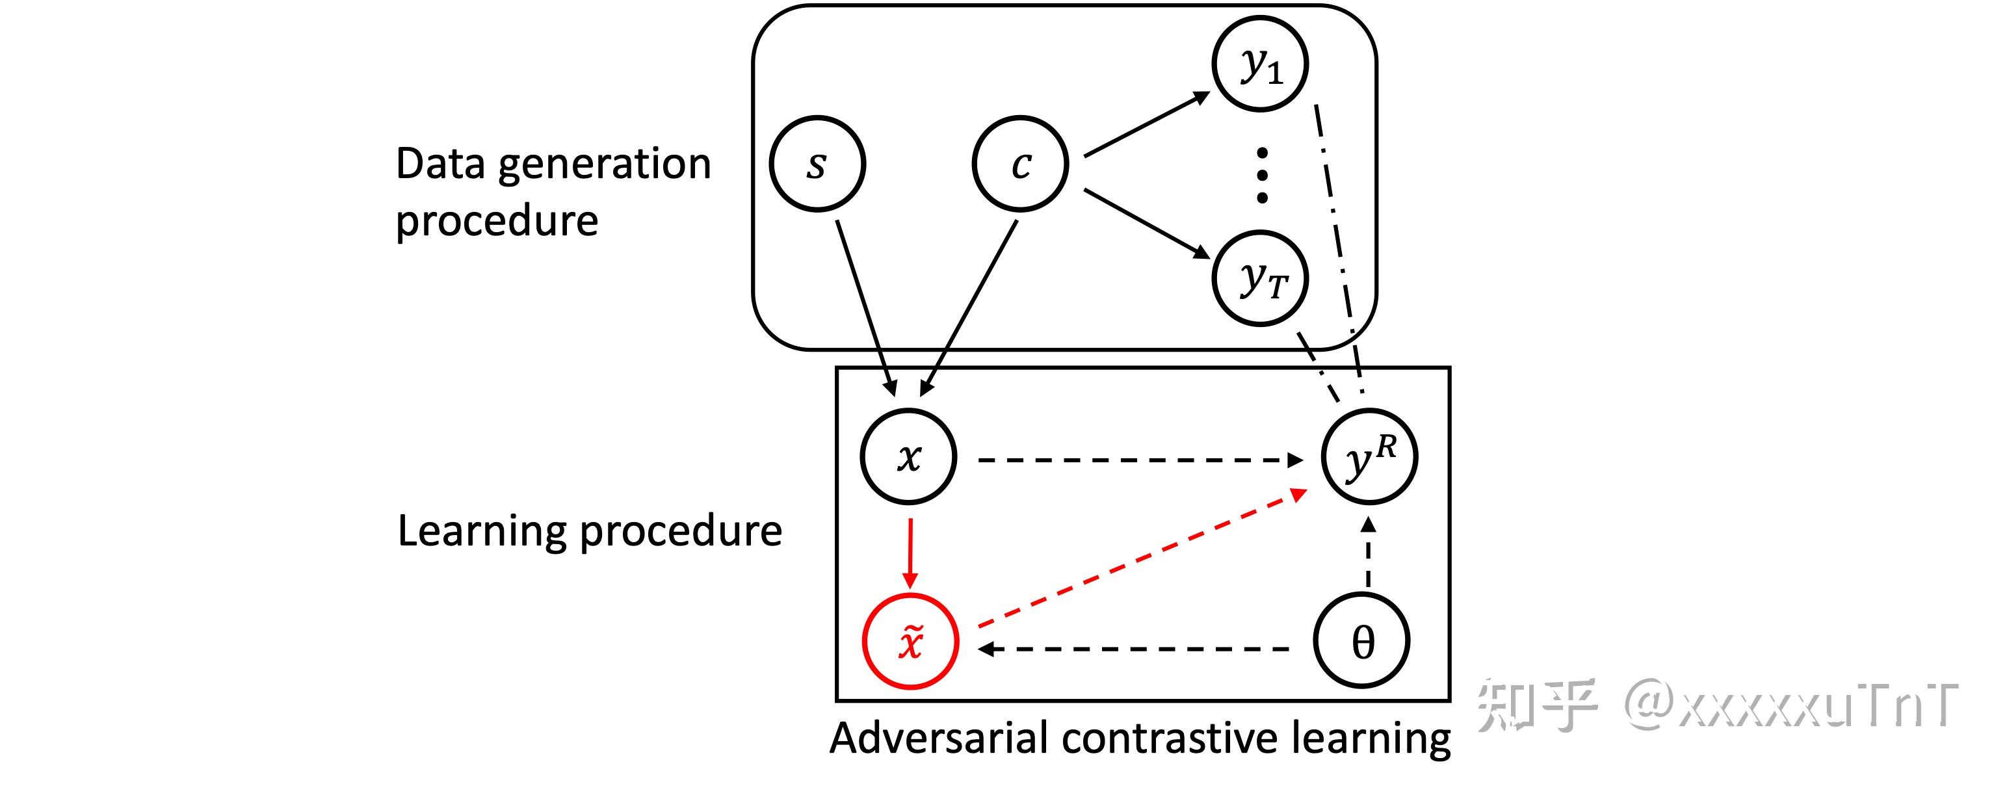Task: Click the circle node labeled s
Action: tap(817, 164)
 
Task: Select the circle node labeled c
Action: tap(1020, 164)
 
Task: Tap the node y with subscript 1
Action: tap(1260, 64)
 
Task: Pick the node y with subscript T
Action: tap(1260, 278)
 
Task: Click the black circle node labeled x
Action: tap(908, 457)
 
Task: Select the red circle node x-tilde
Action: tap(910, 642)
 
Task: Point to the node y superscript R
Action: tap(1369, 457)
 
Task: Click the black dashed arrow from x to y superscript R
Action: tap(1138, 460)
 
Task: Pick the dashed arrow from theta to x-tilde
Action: tap(1135, 649)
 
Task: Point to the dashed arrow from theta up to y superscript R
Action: tap(1369, 554)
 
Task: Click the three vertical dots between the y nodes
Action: tap(1262, 176)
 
